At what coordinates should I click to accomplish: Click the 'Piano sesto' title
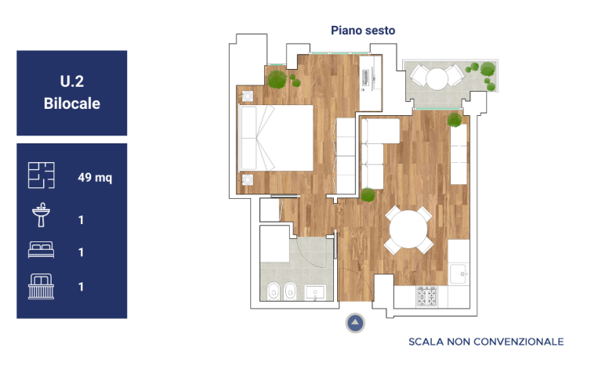pos(363,31)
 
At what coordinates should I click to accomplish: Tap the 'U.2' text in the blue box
pos(72,81)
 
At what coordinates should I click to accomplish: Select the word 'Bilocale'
pos(72,103)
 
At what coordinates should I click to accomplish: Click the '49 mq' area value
pos(95,177)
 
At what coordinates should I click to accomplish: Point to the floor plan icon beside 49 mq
pos(41,175)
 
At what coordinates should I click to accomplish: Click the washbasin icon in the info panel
pos(41,215)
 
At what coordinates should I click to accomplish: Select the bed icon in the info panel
pos(41,250)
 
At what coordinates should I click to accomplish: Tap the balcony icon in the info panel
pos(41,286)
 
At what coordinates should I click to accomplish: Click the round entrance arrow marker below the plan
pos(355,323)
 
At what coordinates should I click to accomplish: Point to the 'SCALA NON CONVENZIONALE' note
pos(486,342)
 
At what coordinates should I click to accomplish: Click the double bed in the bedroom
pos(276,138)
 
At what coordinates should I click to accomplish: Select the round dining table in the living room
pos(408,230)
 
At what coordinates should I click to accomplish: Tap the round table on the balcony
pos(437,78)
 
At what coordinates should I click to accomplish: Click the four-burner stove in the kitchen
pos(427,296)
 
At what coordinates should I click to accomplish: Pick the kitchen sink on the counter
pos(459,274)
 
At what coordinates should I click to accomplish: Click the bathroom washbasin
pos(315,293)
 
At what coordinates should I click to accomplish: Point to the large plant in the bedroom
pos(277,79)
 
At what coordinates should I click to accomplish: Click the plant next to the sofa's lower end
pos(368,195)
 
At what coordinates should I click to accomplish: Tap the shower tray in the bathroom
pos(274,244)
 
